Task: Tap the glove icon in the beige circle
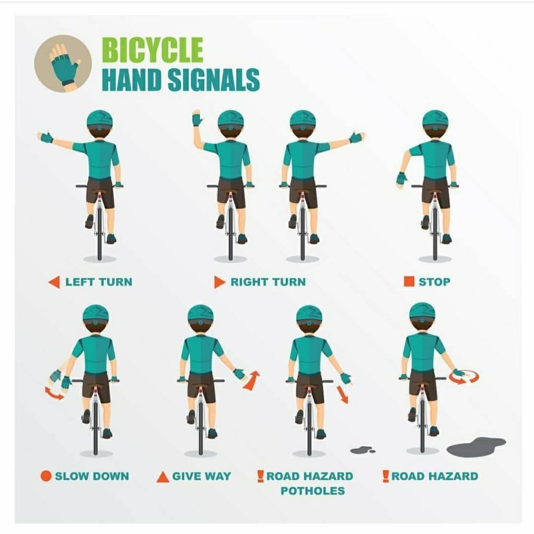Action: point(65,65)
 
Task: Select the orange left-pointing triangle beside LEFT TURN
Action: point(54,282)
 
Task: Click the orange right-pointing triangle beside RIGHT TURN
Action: point(220,282)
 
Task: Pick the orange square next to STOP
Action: point(408,282)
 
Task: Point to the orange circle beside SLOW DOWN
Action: point(46,476)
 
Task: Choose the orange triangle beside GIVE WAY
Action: point(163,476)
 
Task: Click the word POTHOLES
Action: point(313,491)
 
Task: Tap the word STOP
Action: point(434,282)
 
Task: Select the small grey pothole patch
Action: point(362,450)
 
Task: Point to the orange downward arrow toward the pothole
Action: point(342,395)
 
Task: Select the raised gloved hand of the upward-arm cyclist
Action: point(197,118)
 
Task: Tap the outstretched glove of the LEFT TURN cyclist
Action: point(45,137)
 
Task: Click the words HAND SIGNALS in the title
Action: point(181,79)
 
